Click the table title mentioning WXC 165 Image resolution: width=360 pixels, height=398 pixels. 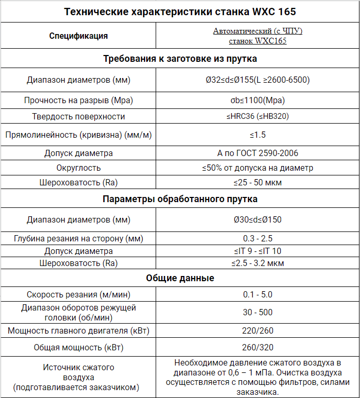[x=180, y=12]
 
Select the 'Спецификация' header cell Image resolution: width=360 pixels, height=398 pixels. [x=79, y=36]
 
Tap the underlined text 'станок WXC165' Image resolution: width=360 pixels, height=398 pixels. [x=258, y=41]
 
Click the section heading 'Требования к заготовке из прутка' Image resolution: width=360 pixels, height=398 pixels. [x=180, y=59]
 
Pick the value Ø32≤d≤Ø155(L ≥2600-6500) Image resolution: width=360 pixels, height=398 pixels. [x=258, y=80]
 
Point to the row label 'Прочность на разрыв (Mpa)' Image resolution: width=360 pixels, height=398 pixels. [x=79, y=100]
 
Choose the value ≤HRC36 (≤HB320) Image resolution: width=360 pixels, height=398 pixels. [x=258, y=116]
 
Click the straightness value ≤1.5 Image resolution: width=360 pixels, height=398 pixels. [x=258, y=135]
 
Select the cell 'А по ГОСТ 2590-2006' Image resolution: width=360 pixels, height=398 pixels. [x=258, y=153]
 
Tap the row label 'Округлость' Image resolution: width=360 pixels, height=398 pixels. [x=79, y=168]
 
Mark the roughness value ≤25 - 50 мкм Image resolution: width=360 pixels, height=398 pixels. [x=258, y=183]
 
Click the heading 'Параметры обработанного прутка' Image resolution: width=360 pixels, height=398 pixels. [x=180, y=200]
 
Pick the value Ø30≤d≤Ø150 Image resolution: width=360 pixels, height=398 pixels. [x=258, y=219]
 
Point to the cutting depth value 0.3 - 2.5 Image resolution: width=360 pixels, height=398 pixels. [x=258, y=239]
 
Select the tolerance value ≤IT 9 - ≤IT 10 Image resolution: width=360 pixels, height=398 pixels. [x=258, y=251]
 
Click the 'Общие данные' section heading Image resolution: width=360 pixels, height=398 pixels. [x=180, y=278]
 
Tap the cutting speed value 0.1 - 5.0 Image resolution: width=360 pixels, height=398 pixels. [x=258, y=295]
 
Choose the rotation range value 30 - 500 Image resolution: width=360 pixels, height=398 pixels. [x=258, y=312]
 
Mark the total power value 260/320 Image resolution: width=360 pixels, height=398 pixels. [x=258, y=347]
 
